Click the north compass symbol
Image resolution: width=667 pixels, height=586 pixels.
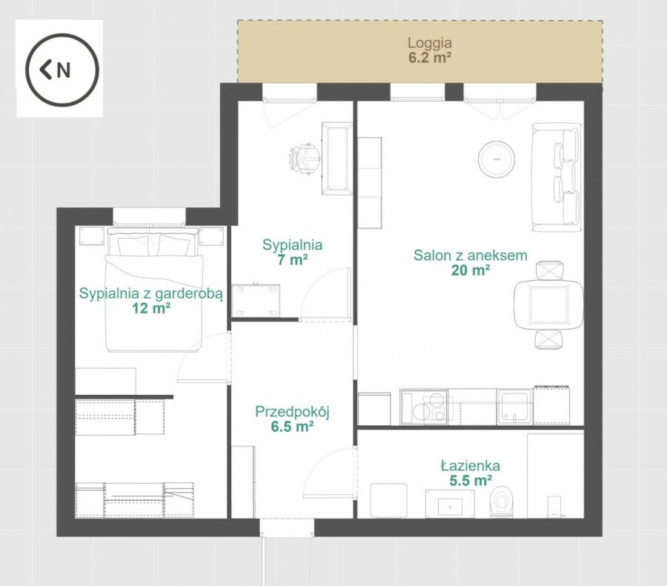62,70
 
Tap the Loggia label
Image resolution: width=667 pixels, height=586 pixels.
430,42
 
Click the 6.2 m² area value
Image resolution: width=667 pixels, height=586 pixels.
430,57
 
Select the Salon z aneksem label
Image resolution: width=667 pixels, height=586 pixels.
471,255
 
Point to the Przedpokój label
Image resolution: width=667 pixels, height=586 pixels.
292,412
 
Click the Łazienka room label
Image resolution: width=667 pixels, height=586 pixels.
470,465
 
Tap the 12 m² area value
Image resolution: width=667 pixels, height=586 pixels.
151,308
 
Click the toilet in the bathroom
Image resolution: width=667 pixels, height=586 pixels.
501,502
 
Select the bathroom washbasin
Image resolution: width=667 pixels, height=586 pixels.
450,504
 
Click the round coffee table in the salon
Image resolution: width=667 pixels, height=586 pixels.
497,159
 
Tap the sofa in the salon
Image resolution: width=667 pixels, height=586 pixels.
557,177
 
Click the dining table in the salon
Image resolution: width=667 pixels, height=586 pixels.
548,304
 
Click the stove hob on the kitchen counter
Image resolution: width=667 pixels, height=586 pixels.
424,407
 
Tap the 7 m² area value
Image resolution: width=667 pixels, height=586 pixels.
292,259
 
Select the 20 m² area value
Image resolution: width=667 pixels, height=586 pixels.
471,270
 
